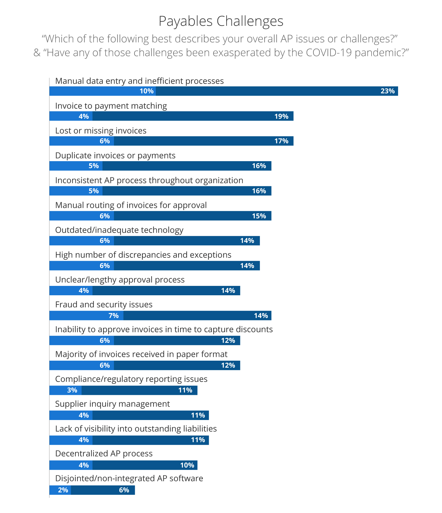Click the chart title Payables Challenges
(x=221, y=21)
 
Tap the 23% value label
(x=387, y=91)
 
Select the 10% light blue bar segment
(x=102, y=91)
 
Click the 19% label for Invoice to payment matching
(x=281, y=116)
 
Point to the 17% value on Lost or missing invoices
(x=281, y=141)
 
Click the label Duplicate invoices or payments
(x=115, y=155)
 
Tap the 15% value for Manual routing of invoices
(x=259, y=216)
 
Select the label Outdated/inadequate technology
(x=119, y=230)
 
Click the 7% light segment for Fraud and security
(x=86, y=315)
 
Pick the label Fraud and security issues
(x=104, y=304)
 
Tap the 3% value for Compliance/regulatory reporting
(x=72, y=390)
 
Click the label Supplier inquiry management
(x=112, y=404)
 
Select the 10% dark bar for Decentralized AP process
(x=145, y=465)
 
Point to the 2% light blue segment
(x=60, y=490)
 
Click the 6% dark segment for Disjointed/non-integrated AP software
(x=103, y=490)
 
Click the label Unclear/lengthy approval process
(x=120, y=280)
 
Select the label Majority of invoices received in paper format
(x=141, y=354)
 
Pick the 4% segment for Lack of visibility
(x=71, y=440)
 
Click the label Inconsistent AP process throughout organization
(x=149, y=180)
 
